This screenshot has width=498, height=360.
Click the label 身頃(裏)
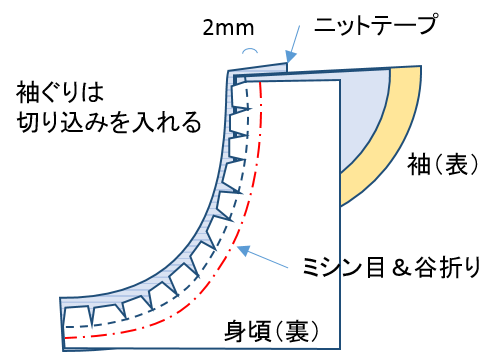point(271,330)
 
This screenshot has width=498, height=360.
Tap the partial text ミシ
point(319,267)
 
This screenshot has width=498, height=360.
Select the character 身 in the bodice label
point(236,330)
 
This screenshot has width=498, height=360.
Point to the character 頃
point(262,330)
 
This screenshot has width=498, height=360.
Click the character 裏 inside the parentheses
point(295,330)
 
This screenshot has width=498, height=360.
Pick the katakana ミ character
point(309,267)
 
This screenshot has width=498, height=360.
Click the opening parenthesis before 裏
point(279,330)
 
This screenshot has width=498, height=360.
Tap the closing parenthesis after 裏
point(313,330)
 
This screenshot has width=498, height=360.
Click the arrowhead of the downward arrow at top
point(289,61)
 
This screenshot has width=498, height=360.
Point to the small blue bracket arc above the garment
point(250,50)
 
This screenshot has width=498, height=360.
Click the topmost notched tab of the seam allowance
point(240,96)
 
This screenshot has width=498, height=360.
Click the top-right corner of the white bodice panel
point(339,82)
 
